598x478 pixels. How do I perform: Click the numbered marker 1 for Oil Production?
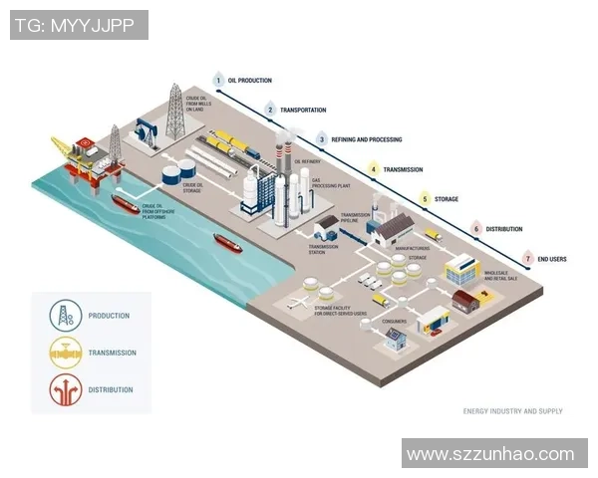coord(218,79)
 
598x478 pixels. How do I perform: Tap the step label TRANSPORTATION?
coord(303,110)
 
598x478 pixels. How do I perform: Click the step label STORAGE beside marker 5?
coord(446,199)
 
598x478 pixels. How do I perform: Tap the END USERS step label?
coord(551,259)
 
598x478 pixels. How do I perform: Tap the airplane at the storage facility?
coord(298,300)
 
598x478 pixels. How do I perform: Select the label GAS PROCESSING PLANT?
coord(332,185)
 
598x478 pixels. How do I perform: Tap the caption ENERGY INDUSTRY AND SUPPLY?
coord(512,410)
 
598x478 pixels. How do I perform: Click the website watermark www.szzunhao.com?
coord(490,454)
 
